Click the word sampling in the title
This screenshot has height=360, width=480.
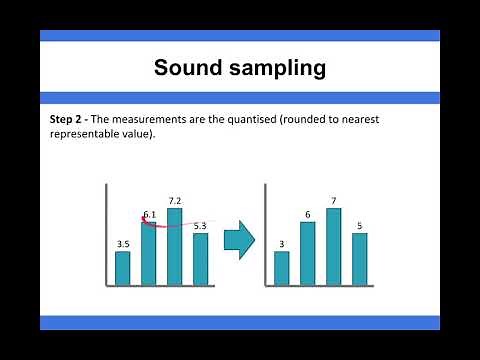point(272,68)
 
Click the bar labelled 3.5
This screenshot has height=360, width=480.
point(123,267)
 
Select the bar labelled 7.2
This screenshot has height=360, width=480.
point(174,246)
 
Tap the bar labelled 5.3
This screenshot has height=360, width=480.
point(200,258)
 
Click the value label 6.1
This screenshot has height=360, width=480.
point(150,214)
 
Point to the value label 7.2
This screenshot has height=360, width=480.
point(175,201)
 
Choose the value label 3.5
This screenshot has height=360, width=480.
point(123,243)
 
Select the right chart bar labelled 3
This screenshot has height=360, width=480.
point(282,267)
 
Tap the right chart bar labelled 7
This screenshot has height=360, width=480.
point(334,246)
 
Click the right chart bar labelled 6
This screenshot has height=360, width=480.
point(308,253)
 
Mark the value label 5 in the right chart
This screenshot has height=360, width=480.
point(359,225)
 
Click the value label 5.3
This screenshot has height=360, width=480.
point(200,226)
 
